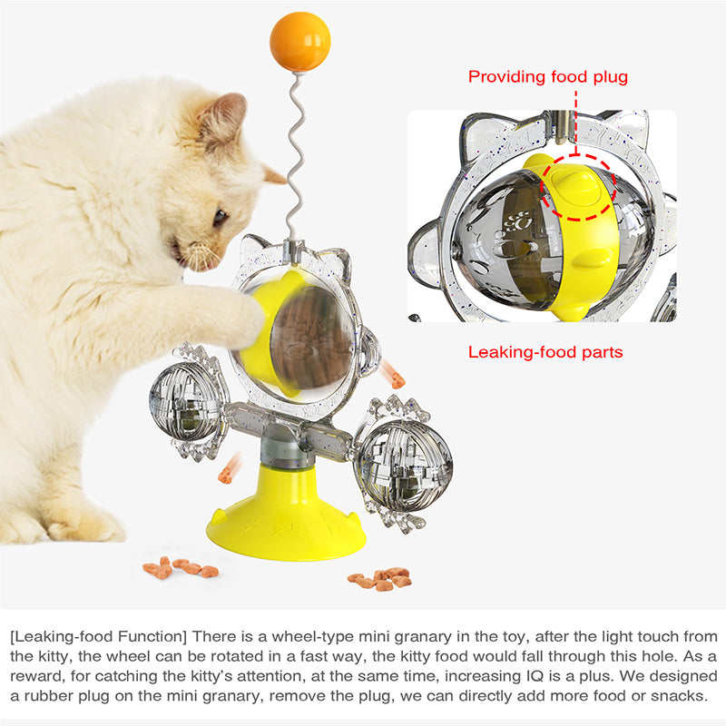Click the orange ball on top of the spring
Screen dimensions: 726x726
[300, 42]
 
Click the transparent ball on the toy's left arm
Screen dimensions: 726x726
[186, 401]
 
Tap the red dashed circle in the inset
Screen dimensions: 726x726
[578, 187]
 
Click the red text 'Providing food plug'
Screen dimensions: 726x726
[548, 77]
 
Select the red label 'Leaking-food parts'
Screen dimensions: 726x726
[545, 352]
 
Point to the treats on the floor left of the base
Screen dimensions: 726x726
[181, 568]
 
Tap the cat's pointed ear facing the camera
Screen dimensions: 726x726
[223, 118]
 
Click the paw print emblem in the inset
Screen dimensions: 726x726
[518, 221]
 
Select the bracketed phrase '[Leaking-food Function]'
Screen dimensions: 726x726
[98, 637]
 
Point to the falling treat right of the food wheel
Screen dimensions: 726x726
[393, 375]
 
